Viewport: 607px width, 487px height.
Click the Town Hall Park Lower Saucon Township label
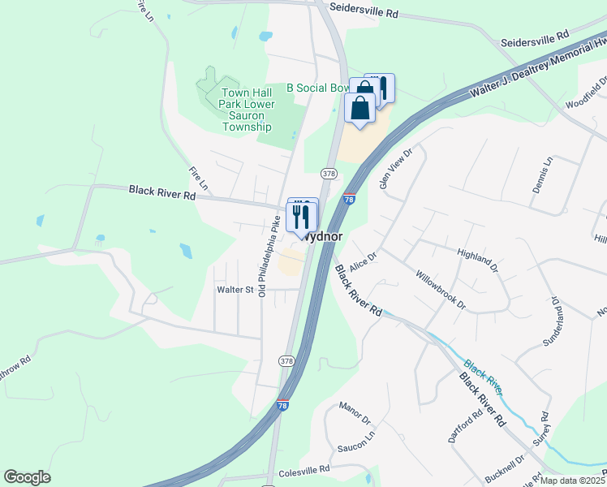248,110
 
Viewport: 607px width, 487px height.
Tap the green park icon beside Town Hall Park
206,84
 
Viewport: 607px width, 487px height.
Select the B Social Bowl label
318,88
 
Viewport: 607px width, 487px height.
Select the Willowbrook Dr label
439,289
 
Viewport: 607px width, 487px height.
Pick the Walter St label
235,289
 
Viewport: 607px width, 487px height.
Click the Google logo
27,477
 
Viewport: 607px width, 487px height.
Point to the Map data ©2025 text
572,481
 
